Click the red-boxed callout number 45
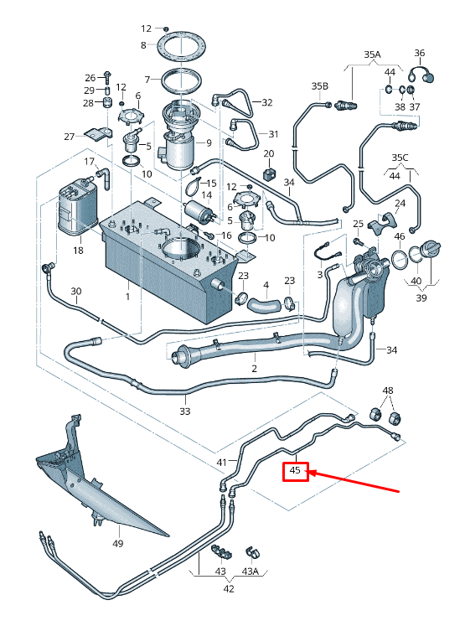pos(295,471)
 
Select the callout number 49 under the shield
pos(117,544)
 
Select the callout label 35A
pos(371,54)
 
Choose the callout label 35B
pos(320,85)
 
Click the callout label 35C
pos(400,158)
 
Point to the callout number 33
pos(185,411)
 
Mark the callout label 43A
pos(250,571)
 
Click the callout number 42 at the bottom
pos(228,588)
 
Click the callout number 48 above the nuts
pos(387,391)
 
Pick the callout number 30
pos(75,292)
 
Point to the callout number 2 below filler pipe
pos(253,367)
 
